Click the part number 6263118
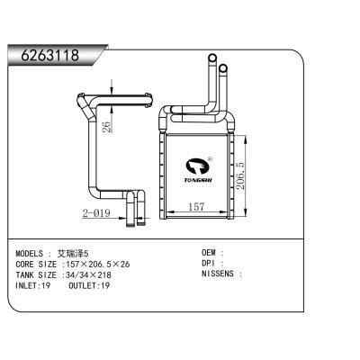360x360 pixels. coord(50,55)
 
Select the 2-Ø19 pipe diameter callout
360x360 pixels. coord(96,213)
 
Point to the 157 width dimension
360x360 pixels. coord(197,206)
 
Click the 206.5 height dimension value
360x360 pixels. coord(240,175)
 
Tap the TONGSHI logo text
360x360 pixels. coord(198,180)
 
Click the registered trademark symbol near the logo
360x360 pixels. coord(210,158)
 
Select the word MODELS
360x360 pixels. coord(29,254)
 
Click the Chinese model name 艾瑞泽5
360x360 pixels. coord(73,254)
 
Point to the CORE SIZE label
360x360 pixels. coord(36,265)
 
